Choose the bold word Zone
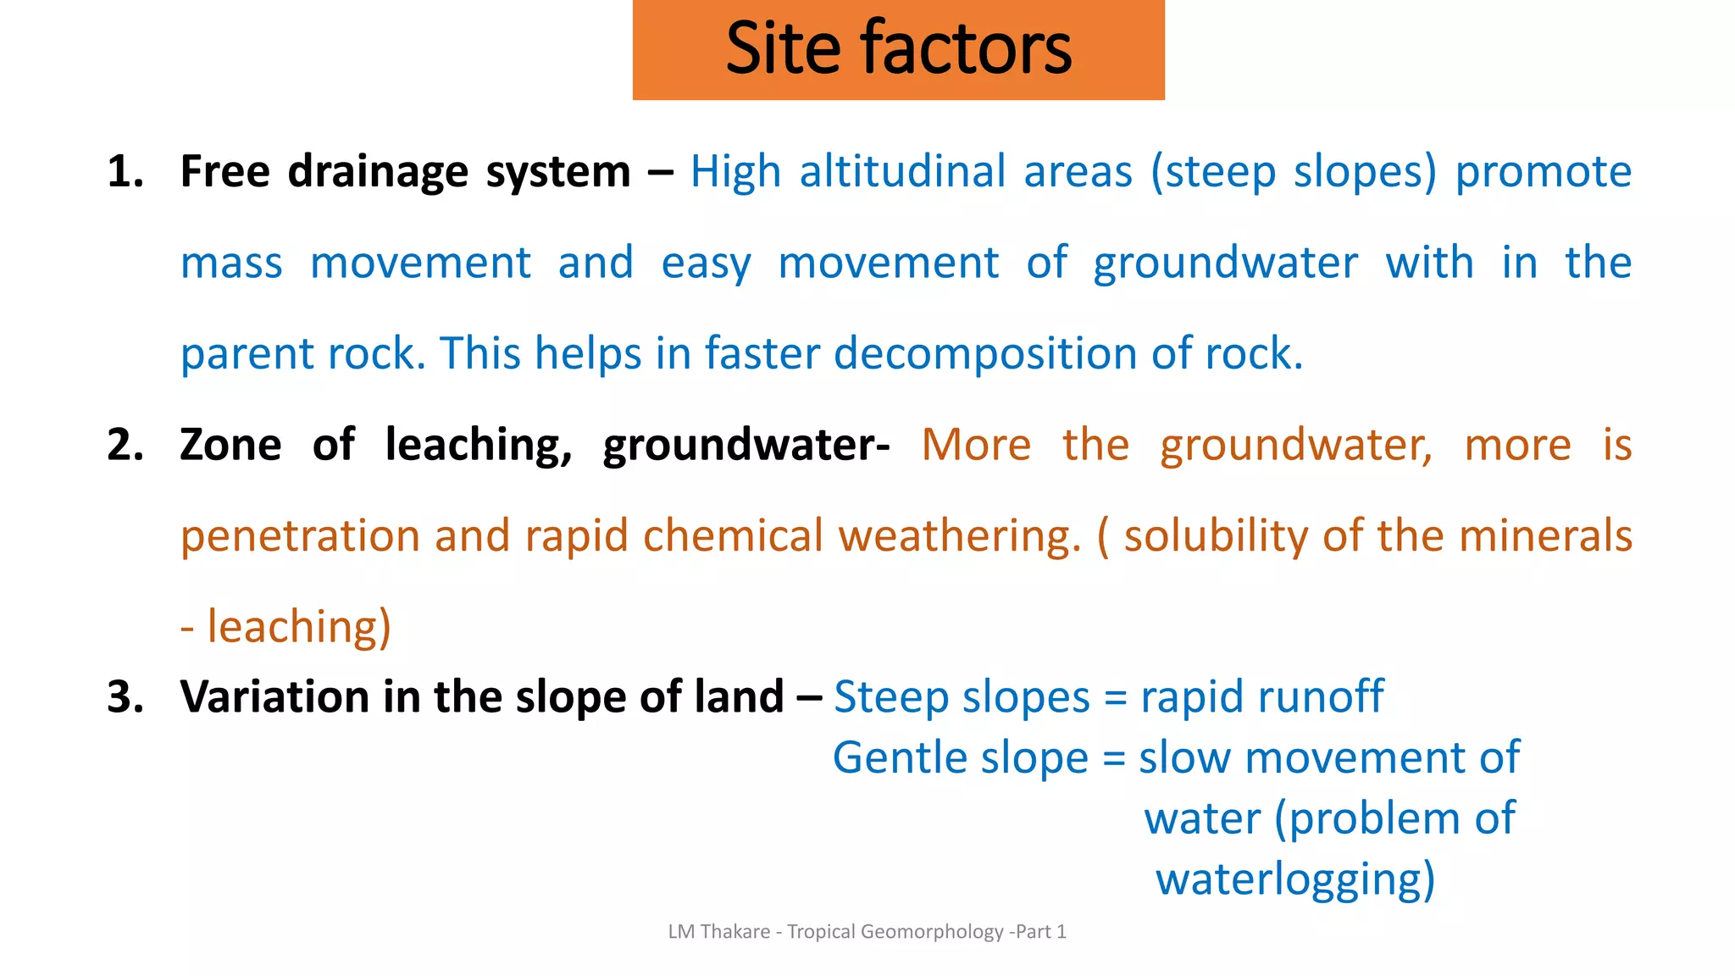pos(230,445)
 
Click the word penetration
pos(300,536)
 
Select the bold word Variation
pos(274,697)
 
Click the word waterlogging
pos(1294,880)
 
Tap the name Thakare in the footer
pos(735,932)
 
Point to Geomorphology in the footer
pos(932,932)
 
